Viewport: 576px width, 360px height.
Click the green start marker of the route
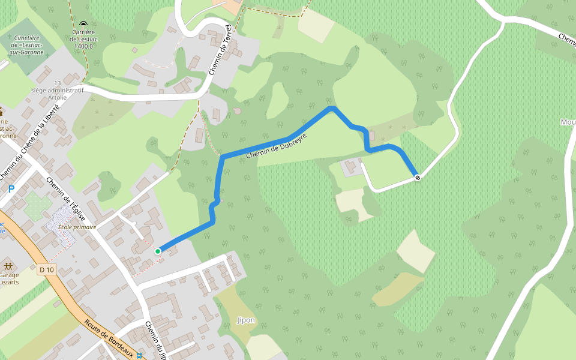(158, 251)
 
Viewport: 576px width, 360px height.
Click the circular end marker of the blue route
(418, 177)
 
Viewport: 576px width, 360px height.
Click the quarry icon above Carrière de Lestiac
(83, 23)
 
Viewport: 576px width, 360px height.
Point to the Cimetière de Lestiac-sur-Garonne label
(27, 44)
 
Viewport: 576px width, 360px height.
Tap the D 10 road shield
(47, 269)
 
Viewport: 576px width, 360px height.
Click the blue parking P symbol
(11, 189)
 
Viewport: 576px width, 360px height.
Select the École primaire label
(77, 227)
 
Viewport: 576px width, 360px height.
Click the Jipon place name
(245, 320)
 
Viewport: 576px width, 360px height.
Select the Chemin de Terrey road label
(220, 51)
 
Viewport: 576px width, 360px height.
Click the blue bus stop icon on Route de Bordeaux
(139, 355)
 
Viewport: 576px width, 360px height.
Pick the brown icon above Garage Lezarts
(8, 265)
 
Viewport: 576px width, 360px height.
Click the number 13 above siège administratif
(58, 83)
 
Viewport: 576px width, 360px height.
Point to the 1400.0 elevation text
(83, 46)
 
